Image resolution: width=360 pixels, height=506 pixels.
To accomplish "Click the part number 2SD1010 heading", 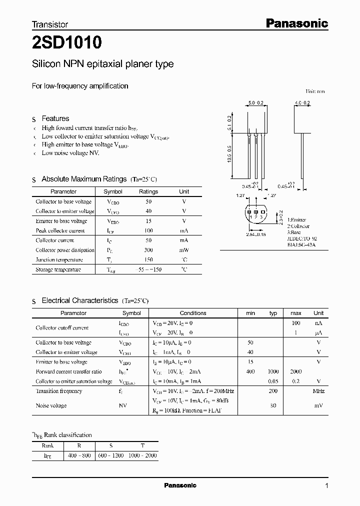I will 67,43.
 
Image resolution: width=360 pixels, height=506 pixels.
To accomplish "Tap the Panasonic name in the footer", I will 180,485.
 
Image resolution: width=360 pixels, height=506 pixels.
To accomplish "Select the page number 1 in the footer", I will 326,485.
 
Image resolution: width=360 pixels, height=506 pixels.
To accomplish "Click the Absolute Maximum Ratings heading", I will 84,179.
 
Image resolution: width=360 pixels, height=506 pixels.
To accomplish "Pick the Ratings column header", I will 148,191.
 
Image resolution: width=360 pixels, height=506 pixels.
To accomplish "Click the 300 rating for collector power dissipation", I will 148,250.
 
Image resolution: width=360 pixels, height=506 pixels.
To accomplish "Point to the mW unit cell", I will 184,250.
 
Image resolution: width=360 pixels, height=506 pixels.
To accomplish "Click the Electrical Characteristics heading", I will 79,300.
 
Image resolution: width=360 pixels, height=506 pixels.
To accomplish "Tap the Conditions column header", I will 192,313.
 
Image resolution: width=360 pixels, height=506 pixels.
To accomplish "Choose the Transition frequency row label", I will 59,391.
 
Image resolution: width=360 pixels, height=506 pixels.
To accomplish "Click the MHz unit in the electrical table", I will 318,391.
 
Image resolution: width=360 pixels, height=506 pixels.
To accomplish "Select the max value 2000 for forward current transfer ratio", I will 295,371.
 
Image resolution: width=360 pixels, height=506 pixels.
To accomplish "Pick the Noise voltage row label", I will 51,405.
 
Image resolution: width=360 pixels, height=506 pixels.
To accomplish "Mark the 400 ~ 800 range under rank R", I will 79,456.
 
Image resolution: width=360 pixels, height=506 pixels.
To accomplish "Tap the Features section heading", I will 55,118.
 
